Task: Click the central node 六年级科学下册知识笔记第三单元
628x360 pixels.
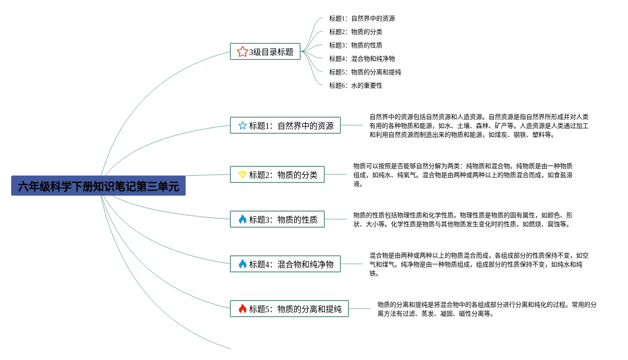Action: point(98,186)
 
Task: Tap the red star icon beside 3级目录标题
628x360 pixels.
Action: point(242,52)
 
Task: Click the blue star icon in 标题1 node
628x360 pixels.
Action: point(242,126)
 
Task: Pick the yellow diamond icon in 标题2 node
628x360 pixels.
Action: point(242,175)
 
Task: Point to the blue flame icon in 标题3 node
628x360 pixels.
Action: point(242,220)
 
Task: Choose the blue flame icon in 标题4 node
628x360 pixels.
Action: point(242,264)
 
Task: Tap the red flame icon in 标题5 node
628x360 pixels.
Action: point(242,309)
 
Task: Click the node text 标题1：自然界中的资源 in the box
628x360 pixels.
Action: point(291,126)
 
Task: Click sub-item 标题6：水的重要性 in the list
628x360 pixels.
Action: point(356,85)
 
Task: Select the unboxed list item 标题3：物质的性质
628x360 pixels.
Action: point(356,45)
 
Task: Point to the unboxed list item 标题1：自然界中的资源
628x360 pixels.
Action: point(362,18)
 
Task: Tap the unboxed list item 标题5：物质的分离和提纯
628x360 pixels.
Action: point(365,72)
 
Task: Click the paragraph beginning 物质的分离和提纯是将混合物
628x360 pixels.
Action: point(487,309)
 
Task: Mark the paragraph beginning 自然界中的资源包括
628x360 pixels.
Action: point(479,126)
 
